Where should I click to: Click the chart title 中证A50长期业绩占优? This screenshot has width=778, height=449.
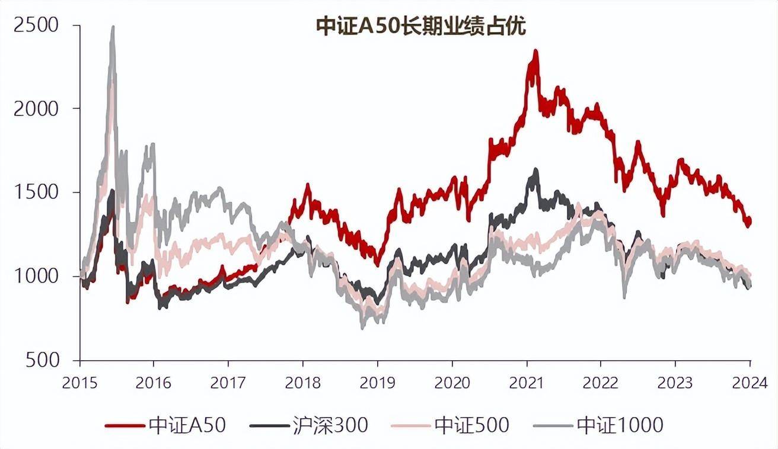[420, 27]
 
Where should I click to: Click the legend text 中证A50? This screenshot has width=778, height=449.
[187, 425]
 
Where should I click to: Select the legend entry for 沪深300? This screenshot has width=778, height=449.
[330, 425]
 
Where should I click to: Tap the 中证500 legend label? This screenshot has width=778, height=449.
[471, 425]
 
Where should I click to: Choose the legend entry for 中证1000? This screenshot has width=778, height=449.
[619, 425]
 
